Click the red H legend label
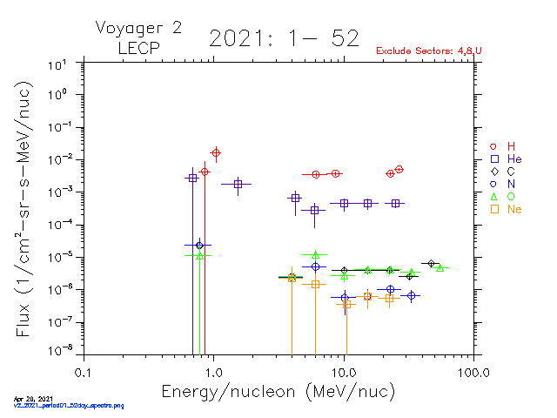point(511,145)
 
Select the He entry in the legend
point(514,159)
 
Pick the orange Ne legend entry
point(514,209)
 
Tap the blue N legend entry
point(511,184)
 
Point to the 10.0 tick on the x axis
point(344,373)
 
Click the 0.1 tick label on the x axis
point(83,373)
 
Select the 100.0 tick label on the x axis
point(473,373)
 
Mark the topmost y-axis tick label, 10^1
point(58,65)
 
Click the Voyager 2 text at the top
point(138,28)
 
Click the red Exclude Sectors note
point(429,51)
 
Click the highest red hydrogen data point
point(216,153)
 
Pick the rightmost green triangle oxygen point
point(440,267)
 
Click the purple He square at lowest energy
point(192,178)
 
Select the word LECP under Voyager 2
point(138,47)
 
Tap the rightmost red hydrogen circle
point(399,169)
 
